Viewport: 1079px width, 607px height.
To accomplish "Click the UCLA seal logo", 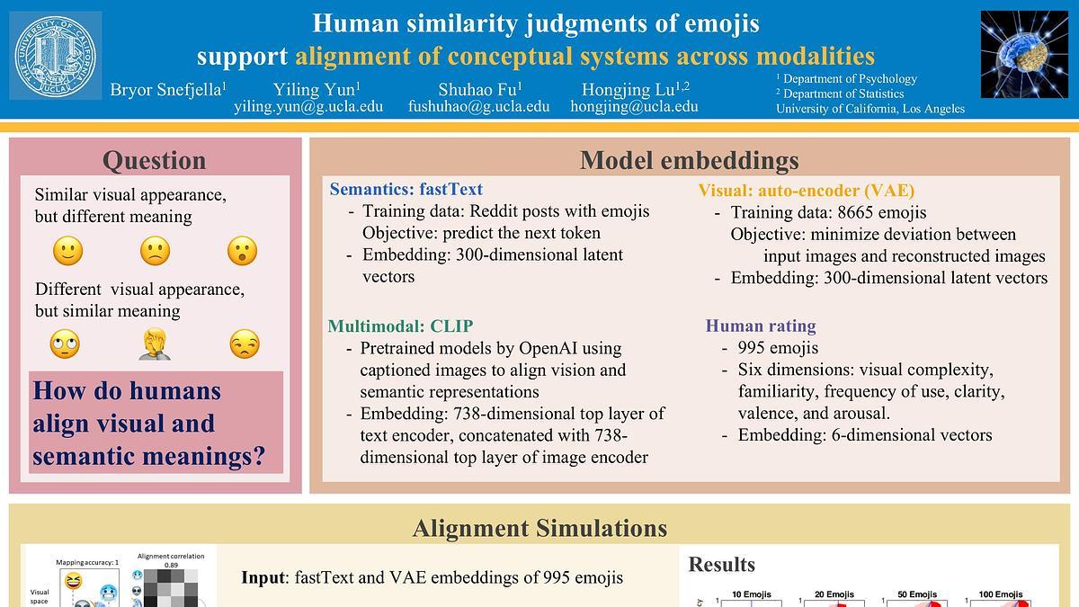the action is tap(56, 56).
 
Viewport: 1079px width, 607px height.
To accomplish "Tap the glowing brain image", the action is tap(1023, 54).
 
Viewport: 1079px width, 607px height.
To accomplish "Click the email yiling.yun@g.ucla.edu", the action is tap(308, 106).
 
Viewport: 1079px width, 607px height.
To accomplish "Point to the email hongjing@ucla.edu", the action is tap(634, 106).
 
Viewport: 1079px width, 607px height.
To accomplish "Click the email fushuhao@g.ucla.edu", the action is tap(478, 106).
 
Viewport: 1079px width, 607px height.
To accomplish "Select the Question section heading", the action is tap(154, 160).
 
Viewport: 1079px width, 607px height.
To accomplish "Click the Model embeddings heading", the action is tap(689, 160).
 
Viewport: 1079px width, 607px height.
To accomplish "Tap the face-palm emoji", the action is tap(155, 344).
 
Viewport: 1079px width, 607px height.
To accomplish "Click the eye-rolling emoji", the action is tap(66, 344).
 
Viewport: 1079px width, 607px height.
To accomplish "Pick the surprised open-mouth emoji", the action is tap(243, 251).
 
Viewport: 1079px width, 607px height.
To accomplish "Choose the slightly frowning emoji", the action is tap(155, 251).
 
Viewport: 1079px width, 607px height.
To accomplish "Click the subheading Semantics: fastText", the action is tap(406, 190).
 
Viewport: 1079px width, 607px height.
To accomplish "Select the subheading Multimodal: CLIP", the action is tap(400, 326).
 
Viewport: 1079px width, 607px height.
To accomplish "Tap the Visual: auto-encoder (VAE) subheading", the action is tap(806, 191).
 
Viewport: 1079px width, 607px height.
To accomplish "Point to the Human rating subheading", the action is tap(761, 326).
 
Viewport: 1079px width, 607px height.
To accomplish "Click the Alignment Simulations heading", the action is tap(539, 528).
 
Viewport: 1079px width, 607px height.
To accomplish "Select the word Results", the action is tap(721, 565).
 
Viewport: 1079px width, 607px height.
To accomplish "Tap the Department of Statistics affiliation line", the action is tap(843, 94).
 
